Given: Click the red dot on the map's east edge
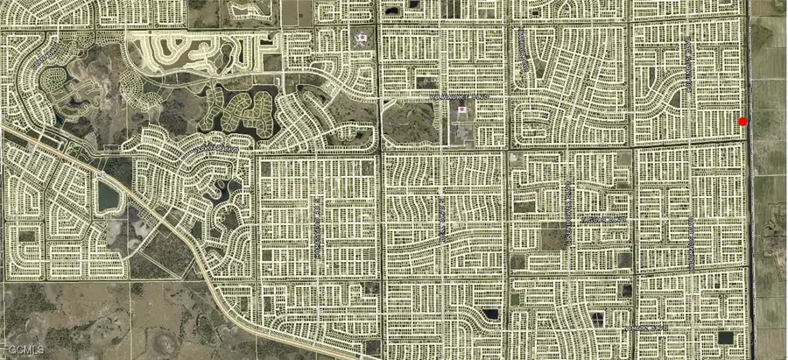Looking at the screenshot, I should tap(743, 122).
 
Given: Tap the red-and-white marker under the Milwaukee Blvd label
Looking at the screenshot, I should tap(462, 111).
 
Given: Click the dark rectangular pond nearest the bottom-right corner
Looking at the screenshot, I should tap(725, 337).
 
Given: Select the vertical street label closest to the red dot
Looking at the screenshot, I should tap(691, 66).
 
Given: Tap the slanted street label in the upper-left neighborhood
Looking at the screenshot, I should tap(42, 61).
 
